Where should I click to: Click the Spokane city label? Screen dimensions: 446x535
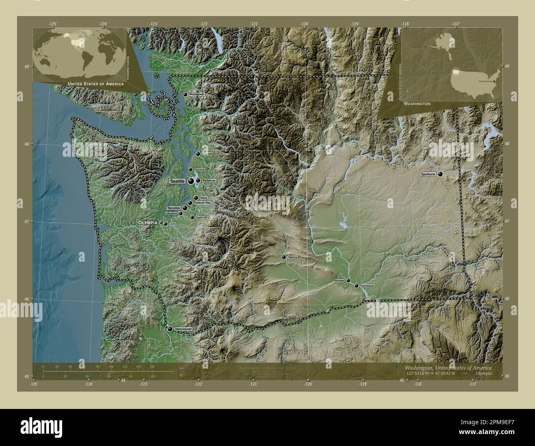tap(428, 174)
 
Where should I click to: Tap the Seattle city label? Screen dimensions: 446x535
tap(177, 181)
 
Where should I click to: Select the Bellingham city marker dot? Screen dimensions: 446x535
tap(185, 94)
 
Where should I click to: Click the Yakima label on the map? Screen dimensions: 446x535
tap(293, 257)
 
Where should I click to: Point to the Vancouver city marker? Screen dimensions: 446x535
tap(170, 329)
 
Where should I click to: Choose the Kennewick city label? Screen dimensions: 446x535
tap(367, 285)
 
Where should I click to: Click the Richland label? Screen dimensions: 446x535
tap(340, 281)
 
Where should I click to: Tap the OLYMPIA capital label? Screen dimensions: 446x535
tap(148, 222)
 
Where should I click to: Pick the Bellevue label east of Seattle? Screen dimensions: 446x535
tap(209, 181)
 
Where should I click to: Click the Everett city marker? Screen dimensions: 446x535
tap(198, 154)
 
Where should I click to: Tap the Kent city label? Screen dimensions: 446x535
tap(203, 198)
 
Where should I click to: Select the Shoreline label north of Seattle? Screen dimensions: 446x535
tap(199, 170)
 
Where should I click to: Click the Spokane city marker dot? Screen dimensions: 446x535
tap(441, 174)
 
